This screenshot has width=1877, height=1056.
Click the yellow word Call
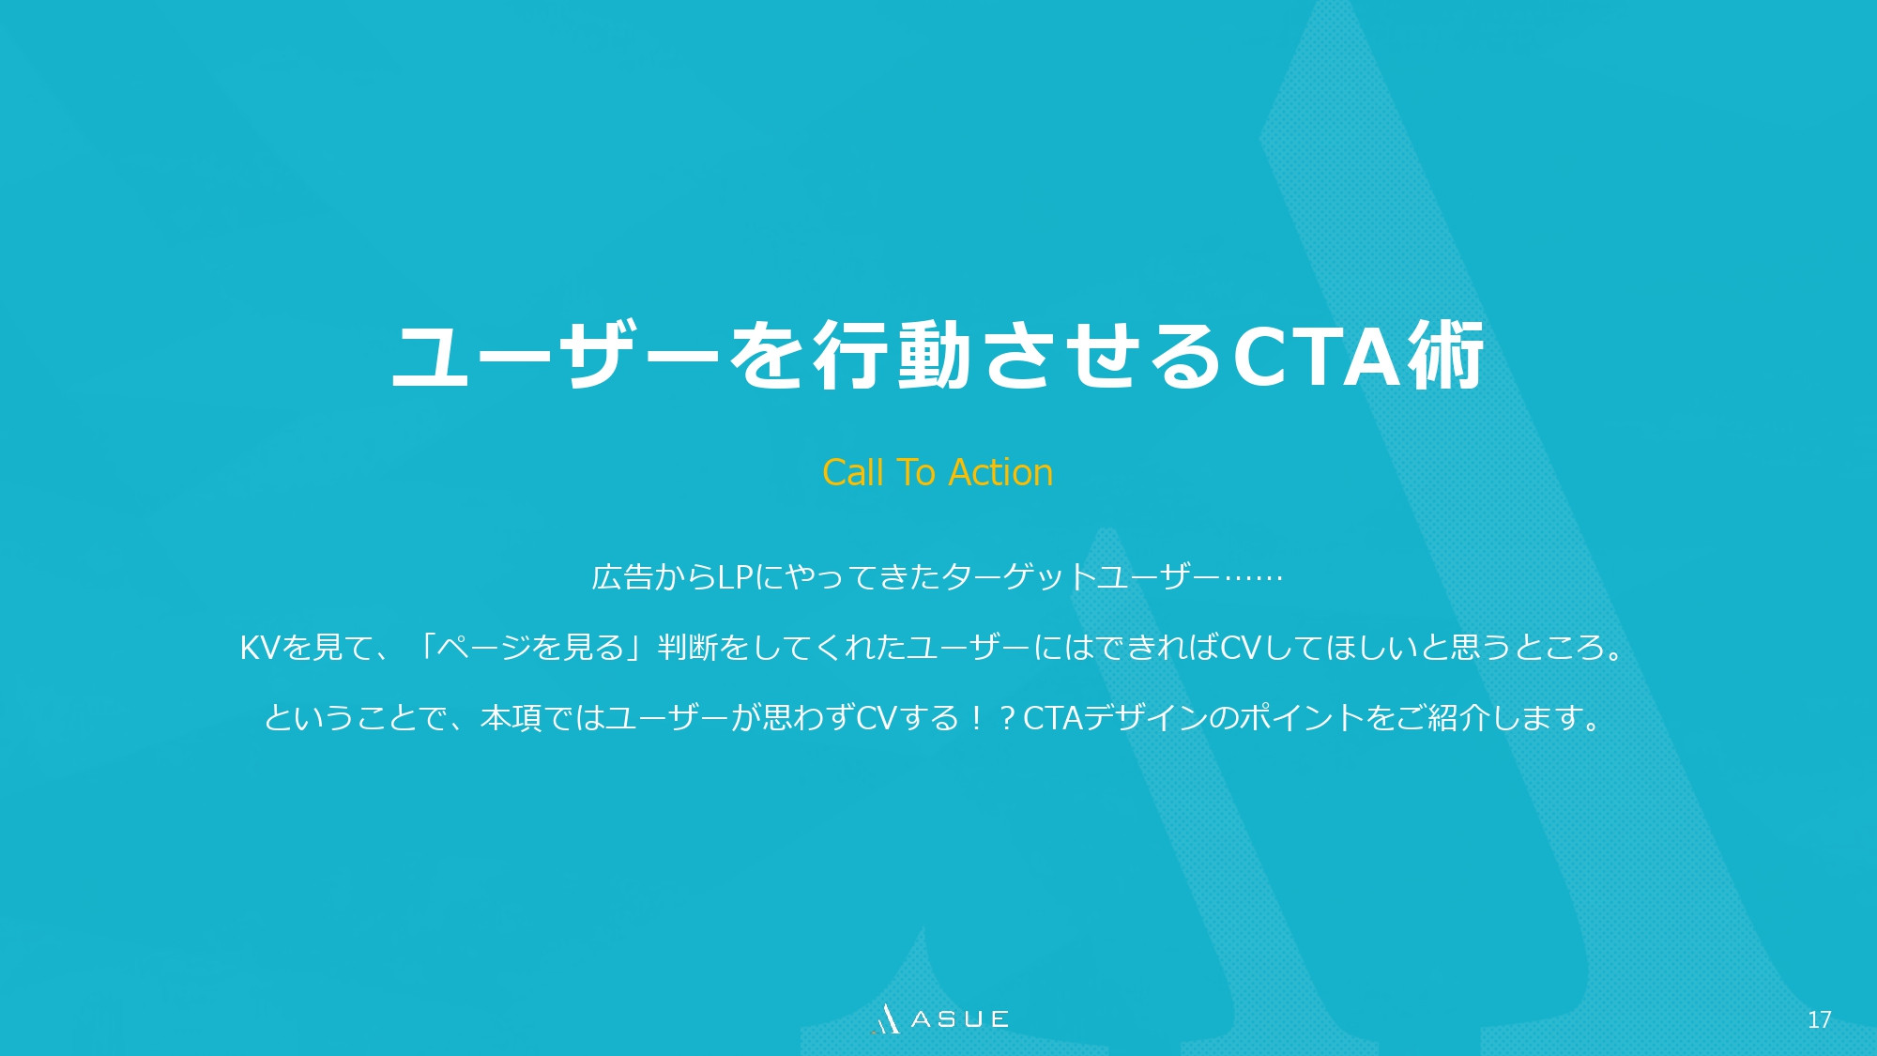click(853, 472)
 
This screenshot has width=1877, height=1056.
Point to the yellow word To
click(916, 472)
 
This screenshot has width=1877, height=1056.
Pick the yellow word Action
click(1001, 472)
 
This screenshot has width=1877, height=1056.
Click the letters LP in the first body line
click(735, 576)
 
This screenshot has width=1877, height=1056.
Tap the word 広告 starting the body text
click(621, 576)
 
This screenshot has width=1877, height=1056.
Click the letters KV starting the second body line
click(260, 648)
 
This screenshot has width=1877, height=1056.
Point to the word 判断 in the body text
click(688, 648)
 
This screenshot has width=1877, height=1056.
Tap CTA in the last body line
click(1052, 718)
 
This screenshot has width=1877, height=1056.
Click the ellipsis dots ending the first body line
click(1254, 576)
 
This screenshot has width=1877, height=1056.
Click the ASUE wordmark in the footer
click(959, 1019)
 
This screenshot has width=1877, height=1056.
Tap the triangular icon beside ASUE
click(886, 1019)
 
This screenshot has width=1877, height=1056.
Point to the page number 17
click(1819, 1019)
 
